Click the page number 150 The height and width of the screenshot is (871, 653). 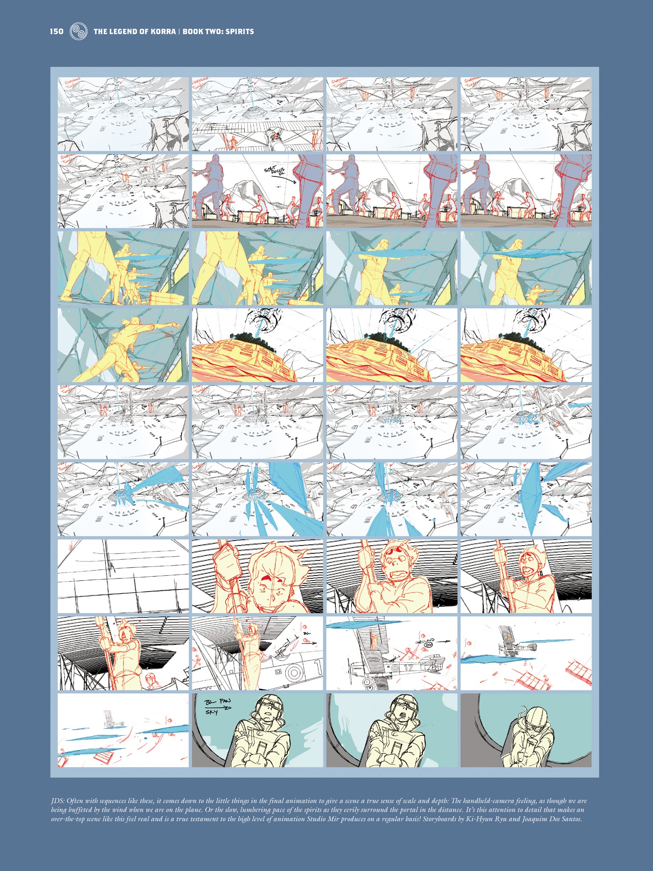point(57,31)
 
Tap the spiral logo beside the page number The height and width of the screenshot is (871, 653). point(79,31)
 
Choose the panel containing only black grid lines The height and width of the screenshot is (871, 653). point(123,576)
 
